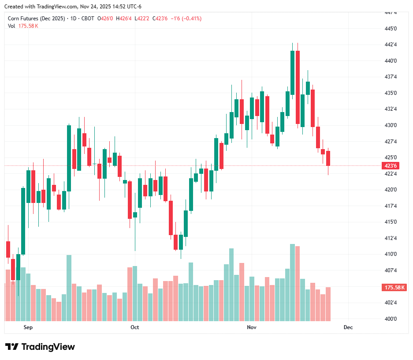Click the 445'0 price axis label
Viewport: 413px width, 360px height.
[x=391, y=29]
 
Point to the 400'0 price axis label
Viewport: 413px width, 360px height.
[x=391, y=319]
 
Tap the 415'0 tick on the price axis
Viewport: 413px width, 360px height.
[x=391, y=222]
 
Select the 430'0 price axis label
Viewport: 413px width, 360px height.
[x=391, y=125]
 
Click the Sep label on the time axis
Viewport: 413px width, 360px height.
[x=28, y=327]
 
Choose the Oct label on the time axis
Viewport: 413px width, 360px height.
[x=135, y=327]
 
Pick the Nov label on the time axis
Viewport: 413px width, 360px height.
[x=251, y=327]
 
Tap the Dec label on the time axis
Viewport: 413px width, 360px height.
[x=348, y=327]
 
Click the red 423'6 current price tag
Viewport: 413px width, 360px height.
[x=391, y=166]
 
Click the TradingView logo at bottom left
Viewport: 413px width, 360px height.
[x=40, y=347]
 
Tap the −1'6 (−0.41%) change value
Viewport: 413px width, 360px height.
[x=186, y=19]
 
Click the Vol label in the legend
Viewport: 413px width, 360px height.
[x=11, y=26]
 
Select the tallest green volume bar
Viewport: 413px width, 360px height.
[x=292, y=282]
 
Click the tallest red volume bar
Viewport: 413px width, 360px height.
[x=298, y=283]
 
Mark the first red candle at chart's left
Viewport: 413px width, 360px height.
[x=8, y=249]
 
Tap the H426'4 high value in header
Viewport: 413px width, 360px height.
[x=124, y=19]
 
